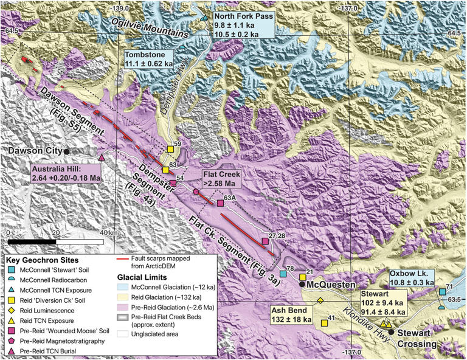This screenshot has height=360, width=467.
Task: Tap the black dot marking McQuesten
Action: pyautogui.click(x=302, y=284)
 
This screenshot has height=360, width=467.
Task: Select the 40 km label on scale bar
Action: pyautogui.click(x=110, y=232)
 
